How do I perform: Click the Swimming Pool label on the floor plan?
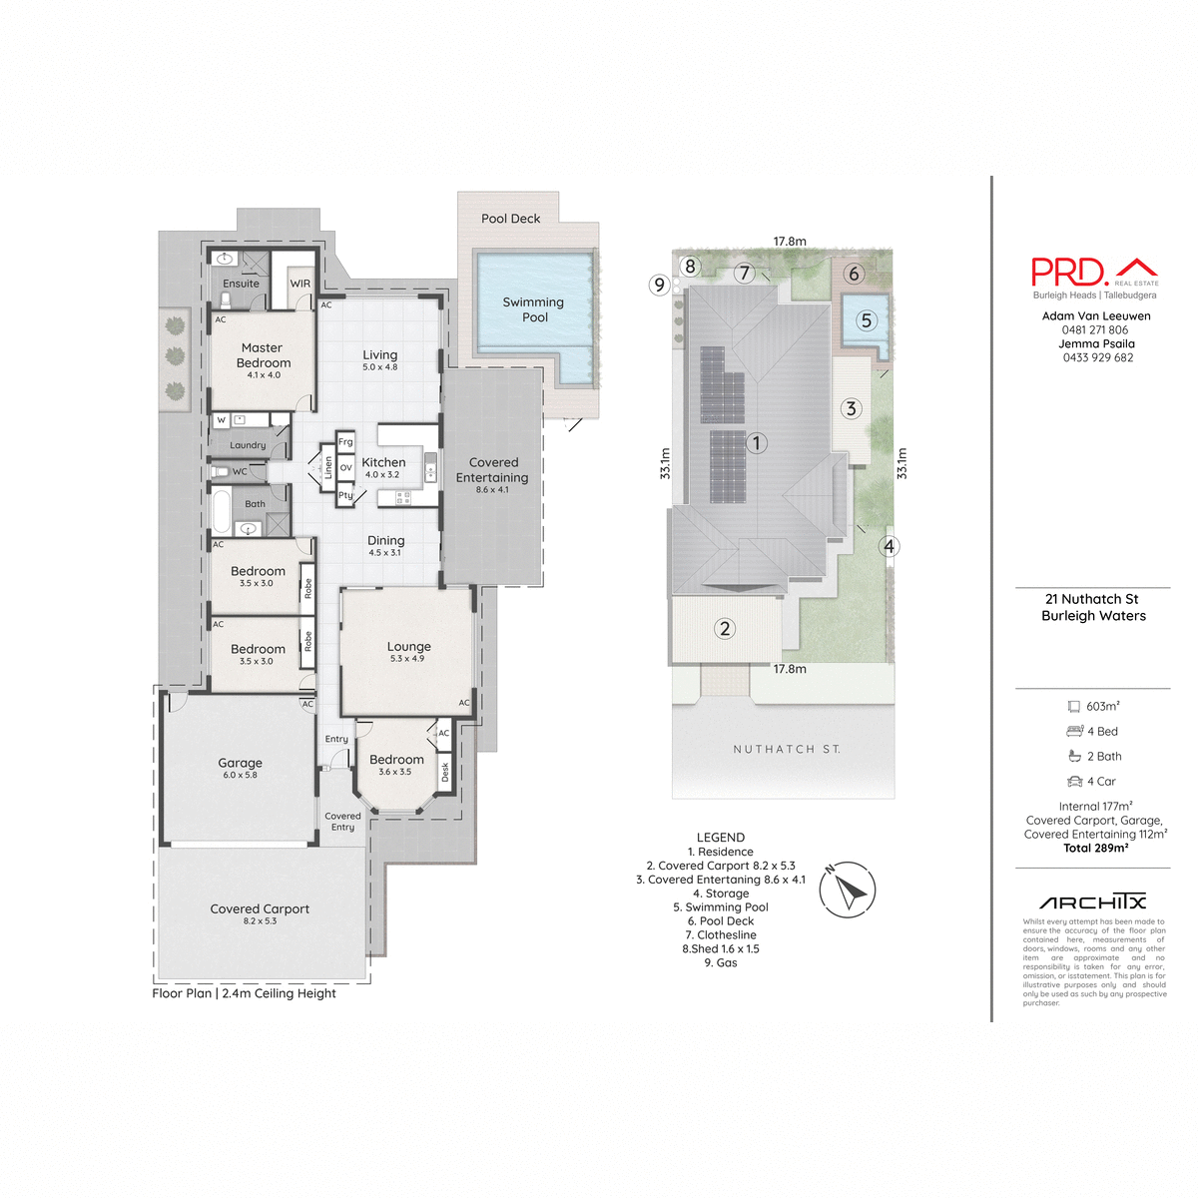[x=533, y=309]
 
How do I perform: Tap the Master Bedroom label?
[x=264, y=356]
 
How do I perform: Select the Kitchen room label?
[x=383, y=463]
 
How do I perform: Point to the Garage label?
[x=240, y=763]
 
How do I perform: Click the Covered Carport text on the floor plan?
[x=260, y=909]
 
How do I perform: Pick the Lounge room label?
[x=408, y=647]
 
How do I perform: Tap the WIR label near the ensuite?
[x=300, y=284]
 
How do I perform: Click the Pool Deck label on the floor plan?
[x=510, y=219]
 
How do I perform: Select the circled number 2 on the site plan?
[x=725, y=628]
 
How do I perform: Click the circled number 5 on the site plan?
[x=867, y=320]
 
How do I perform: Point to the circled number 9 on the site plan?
[x=659, y=285]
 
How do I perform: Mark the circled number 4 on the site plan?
[x=889, y=546]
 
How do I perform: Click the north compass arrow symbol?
[x=848, y=889]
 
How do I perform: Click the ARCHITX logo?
[x=1092, y=902]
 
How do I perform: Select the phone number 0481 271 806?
[x=1095, y=330]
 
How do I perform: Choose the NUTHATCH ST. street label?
[x=787, y=749]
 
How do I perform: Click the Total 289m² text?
[x=1095, y=849]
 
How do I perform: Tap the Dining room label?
[x=385, y=541]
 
